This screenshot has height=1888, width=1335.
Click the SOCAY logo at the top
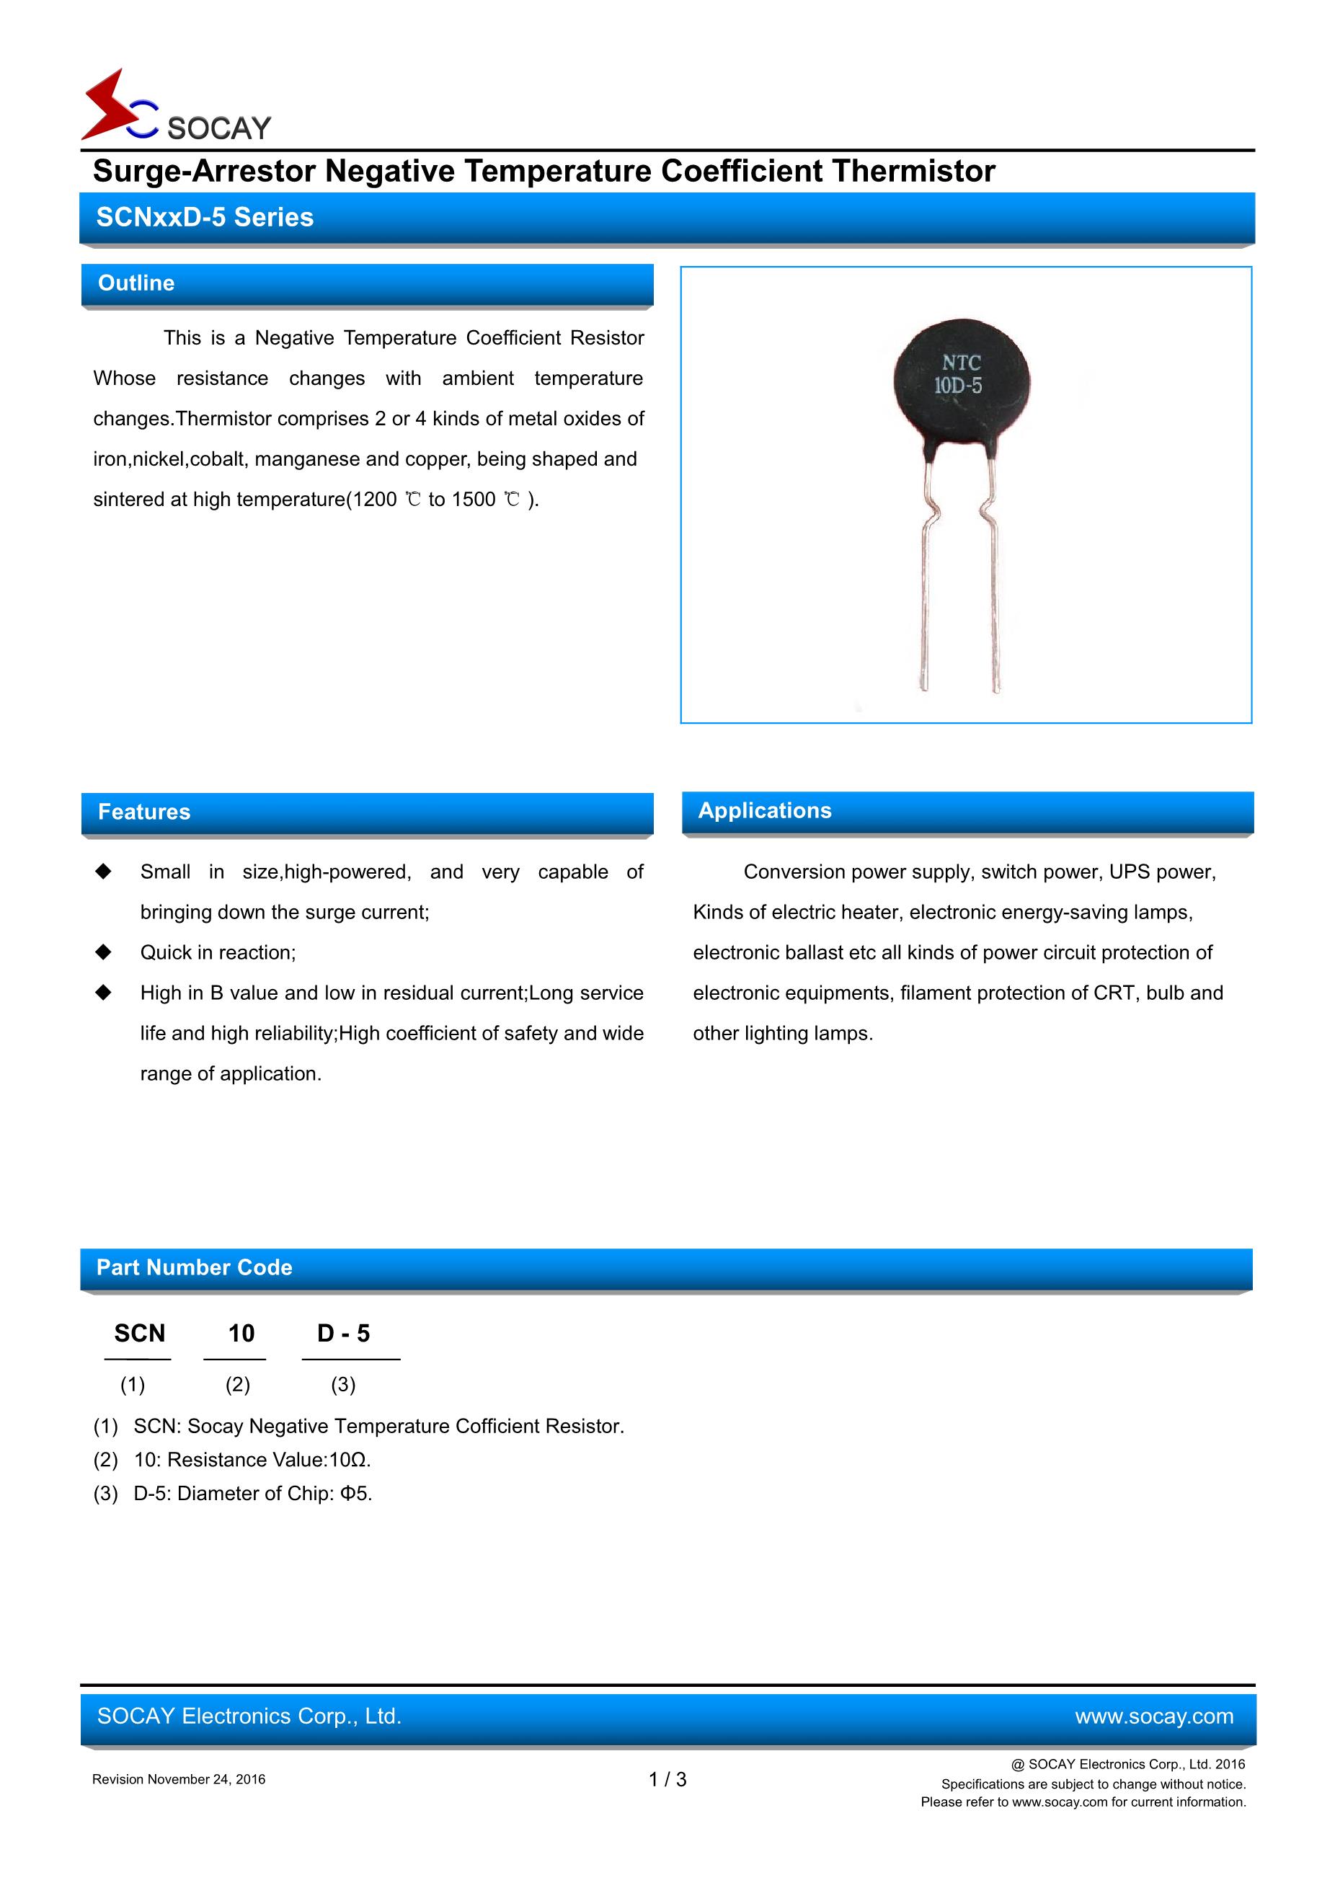coord(176,107)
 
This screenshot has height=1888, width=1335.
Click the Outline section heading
coord(136,283)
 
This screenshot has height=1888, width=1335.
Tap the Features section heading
coord(144,812)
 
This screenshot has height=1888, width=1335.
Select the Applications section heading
coord(765,810)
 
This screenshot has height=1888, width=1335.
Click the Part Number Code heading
coord(194,1267)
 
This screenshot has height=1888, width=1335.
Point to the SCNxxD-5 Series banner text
coord(205,217)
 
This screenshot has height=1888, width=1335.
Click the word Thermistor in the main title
coord(913,171)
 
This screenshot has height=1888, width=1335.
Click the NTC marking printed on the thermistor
coord(961,363)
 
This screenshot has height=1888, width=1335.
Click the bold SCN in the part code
coord(140,1333)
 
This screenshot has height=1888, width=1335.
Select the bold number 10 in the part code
coord(241,1333)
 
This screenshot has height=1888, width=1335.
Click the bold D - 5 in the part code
coord(344,1333)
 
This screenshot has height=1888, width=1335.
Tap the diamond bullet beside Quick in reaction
coord(104,952)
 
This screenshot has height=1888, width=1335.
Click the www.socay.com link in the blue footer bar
coord(1153,1716)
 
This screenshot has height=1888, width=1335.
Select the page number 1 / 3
coord(667,1779)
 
